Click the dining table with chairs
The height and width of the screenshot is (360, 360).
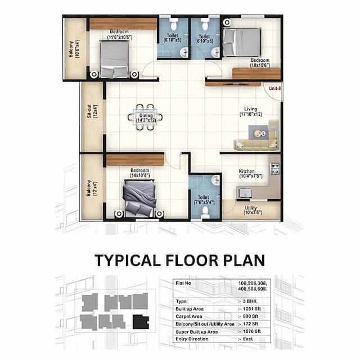(146, 117)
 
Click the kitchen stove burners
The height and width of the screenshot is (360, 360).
(274, 168)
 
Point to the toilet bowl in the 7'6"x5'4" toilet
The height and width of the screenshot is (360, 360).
(205, 210)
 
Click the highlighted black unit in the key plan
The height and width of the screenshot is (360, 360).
(141, 321)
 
